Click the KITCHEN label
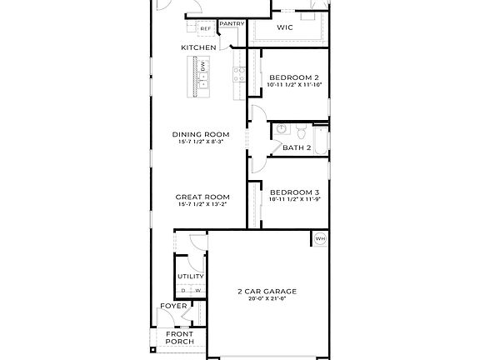[198, 47]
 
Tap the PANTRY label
[232, 24]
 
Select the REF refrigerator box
[204, 29]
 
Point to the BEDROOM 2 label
[294, 77]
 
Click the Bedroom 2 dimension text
[294, 85]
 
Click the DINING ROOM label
[200, 134]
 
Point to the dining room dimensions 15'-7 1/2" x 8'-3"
[200, 142]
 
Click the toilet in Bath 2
[301, 131]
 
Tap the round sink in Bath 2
[282, 130]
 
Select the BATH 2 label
[296, 147]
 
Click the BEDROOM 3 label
[294, 191]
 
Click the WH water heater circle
[320, 239]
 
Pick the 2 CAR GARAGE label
[267, 291]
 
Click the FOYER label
[173, 306]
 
